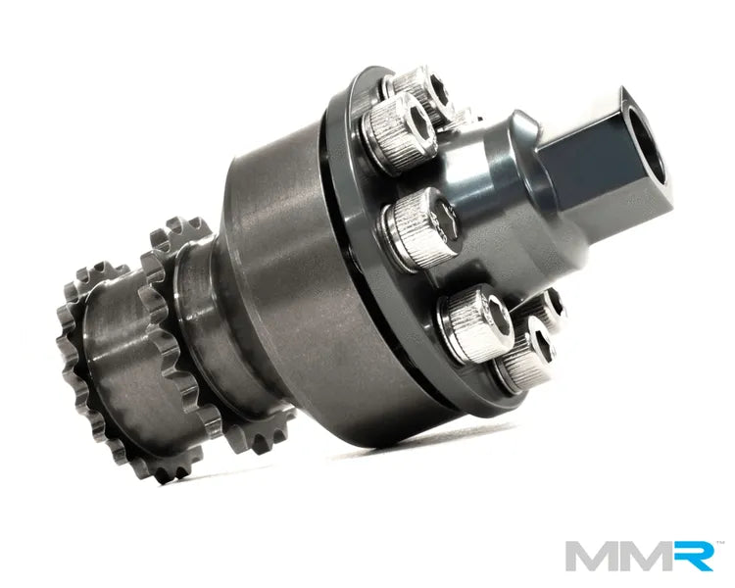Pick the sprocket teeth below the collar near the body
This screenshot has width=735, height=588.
[235, 431]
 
